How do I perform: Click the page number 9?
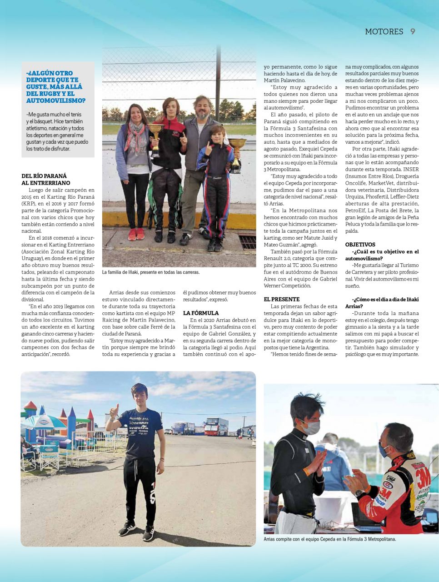[413, 31]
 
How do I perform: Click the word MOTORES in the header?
[384, 31]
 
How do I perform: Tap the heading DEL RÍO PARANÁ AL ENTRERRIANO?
[46, 179]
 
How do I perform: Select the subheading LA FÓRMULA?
[201, 313]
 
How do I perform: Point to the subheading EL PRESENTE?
[282, 299]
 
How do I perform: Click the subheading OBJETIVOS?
[360, 245]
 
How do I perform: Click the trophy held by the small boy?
[236, 152]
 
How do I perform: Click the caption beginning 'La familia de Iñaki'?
[151, 272]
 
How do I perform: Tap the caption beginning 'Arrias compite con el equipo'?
[329, 539]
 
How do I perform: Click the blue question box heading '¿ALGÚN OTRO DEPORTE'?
[56, 87]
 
